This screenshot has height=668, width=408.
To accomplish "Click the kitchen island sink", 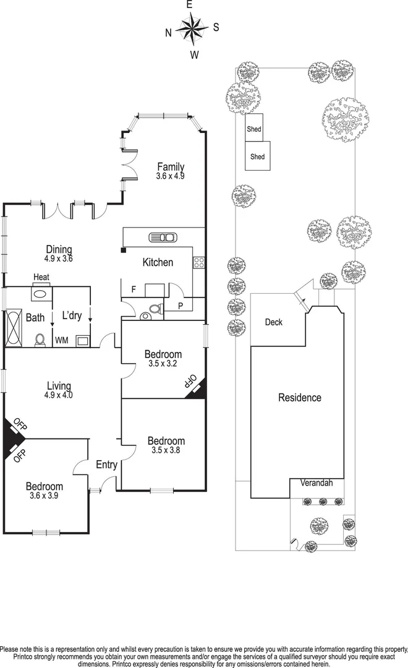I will [163, 237].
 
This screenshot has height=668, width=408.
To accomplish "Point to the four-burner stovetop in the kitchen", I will [199, 262].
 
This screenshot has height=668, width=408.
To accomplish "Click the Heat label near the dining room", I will [41, 277].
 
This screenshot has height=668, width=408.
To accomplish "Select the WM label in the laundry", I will [62, 340].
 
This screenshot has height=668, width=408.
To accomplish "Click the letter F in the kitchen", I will [133, 289].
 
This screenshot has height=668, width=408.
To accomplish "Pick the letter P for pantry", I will [181, 306].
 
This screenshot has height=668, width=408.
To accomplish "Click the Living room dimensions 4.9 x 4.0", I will [59, 395].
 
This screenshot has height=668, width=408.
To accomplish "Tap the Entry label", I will [106, 465].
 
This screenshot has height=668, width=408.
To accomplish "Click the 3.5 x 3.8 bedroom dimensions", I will [166, 450].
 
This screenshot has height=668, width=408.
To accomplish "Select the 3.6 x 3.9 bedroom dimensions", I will [45, 496].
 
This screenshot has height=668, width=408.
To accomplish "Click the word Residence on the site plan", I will [300, 398].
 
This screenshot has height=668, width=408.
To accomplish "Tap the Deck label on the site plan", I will [274, 322].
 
